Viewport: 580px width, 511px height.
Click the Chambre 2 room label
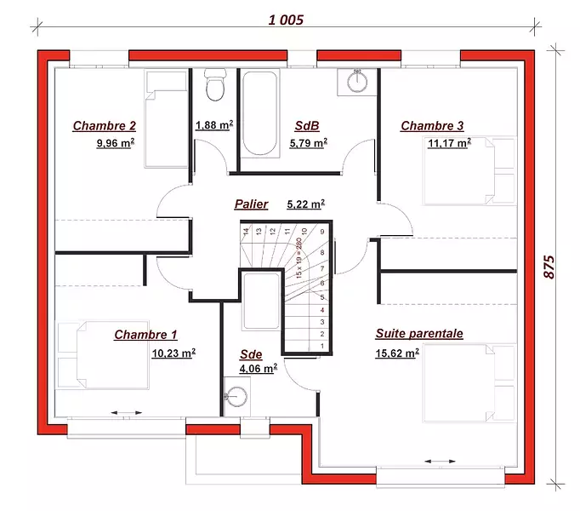tap(105, 126)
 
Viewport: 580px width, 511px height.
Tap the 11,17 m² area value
tap(449, 143)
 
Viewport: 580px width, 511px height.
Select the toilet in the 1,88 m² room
tap(215, 85)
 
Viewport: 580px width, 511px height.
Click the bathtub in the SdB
tap(259, 113)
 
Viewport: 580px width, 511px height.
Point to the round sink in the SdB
tap(357, 82)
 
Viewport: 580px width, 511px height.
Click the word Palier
tap(251, 204)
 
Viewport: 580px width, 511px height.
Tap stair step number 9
tap(322, 232)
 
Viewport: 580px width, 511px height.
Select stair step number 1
tap(322, 346)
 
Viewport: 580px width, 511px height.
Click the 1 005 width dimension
tap(286, 20)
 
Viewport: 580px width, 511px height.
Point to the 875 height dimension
tap(549, 267)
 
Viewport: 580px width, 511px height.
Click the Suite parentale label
tap(419, 334)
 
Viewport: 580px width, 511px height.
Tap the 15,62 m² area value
tap(397, 353)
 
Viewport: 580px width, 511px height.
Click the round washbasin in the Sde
tap(236, 397)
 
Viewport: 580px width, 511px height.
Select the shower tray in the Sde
tap(261, 301)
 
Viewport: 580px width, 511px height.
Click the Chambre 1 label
tap(145, 335)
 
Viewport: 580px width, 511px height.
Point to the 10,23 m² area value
tap(173, 353)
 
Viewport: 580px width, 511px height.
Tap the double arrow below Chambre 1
tap(127, 412)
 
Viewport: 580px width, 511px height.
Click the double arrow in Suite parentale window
tap(440, 462)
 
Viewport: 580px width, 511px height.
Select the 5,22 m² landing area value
tap(306, 204)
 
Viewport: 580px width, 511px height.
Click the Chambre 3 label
tap(432, 126)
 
